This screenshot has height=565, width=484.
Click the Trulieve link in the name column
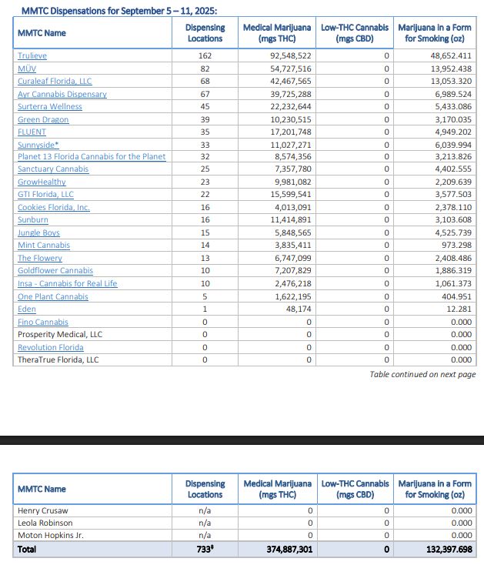32,56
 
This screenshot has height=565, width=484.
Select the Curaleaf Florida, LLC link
55,82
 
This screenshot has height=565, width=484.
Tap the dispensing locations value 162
205,56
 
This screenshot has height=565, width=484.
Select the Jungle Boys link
38,233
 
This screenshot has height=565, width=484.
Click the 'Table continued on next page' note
422,374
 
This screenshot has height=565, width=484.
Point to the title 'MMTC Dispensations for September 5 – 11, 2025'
118,10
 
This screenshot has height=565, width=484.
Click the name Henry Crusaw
44,510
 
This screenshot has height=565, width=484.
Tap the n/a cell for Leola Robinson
205,522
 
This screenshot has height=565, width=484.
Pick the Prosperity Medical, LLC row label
60,335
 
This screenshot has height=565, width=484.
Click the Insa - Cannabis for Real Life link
68,284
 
